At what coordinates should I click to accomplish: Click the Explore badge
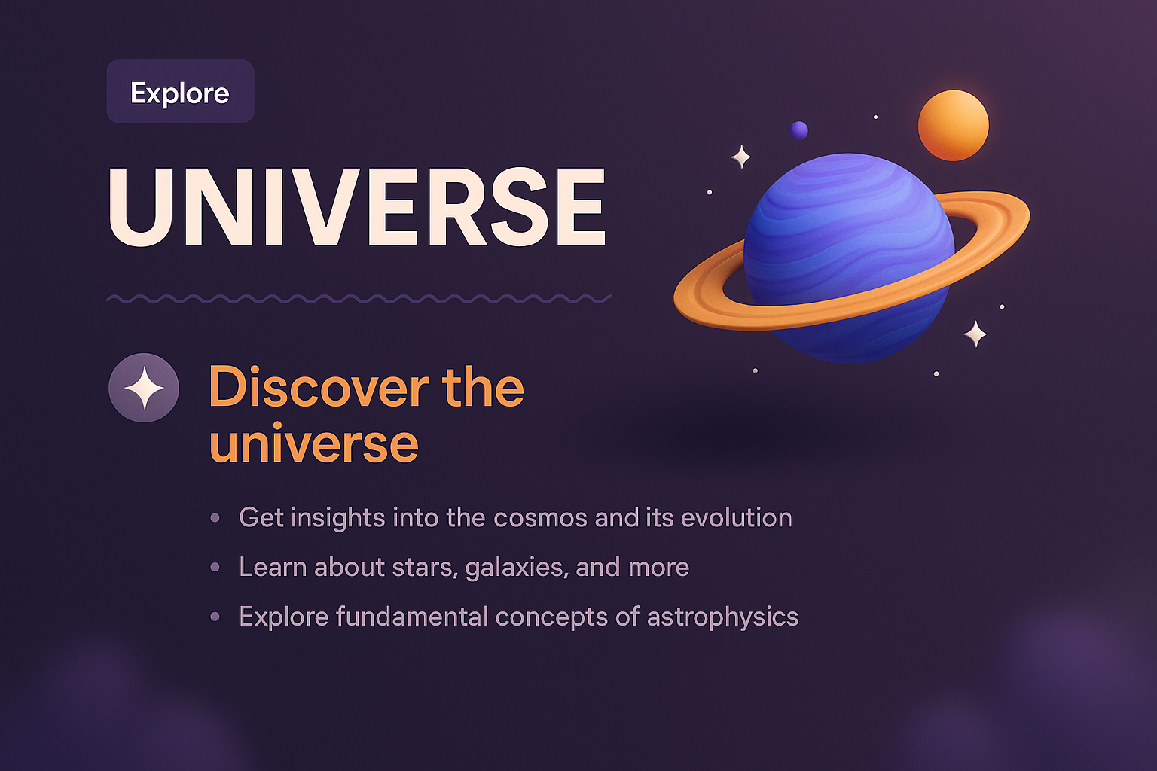[180, 92]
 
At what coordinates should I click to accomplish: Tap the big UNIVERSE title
[356, 208]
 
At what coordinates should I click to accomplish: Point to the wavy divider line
[359, 299]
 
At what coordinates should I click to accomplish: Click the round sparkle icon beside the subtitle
[144, 388]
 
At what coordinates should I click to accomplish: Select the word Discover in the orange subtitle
[319, 388]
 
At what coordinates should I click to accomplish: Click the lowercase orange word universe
[313, 444]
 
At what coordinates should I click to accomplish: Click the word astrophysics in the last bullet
[722, 617]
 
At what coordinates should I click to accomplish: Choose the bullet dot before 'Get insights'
[215, 518]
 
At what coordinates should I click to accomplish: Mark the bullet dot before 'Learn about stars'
[215, 567]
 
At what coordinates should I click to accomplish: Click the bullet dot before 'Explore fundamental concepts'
[215, 617]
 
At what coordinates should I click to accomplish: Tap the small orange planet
[953, 125]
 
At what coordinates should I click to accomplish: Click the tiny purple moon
[799, 130]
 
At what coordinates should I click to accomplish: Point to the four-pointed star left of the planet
[741, 157]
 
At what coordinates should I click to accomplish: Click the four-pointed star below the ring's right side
[975, 334]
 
